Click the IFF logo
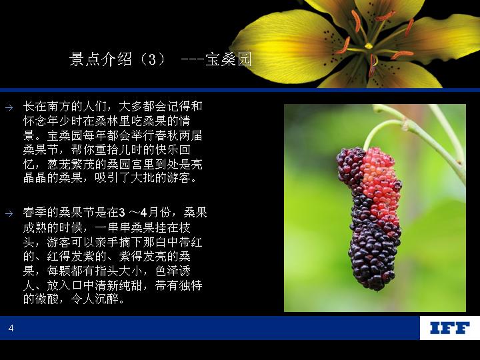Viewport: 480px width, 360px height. coord(449,328)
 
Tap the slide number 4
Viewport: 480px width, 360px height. coord(11,328)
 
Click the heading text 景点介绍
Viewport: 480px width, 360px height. coord(101,59)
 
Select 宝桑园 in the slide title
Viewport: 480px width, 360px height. coord(229,59)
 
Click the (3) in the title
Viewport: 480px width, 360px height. coord(152,59)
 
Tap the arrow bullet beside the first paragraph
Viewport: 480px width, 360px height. coord(9,107)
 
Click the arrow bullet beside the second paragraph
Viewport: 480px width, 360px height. coord(9,213)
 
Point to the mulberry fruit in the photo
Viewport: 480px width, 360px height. coord(370,218)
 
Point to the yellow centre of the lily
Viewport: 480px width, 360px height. coord(369,46)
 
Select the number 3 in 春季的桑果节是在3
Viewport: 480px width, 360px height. coord(122,213)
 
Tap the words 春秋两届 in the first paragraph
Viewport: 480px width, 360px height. coord(178,135)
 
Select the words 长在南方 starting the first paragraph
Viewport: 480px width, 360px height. coord(47,107)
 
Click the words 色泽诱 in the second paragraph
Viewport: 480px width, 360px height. coord(173,271)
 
